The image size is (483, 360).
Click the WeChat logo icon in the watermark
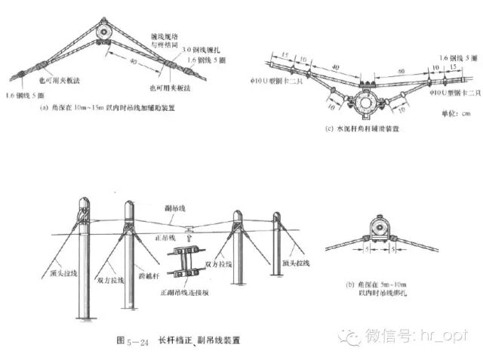click(349, 334)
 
